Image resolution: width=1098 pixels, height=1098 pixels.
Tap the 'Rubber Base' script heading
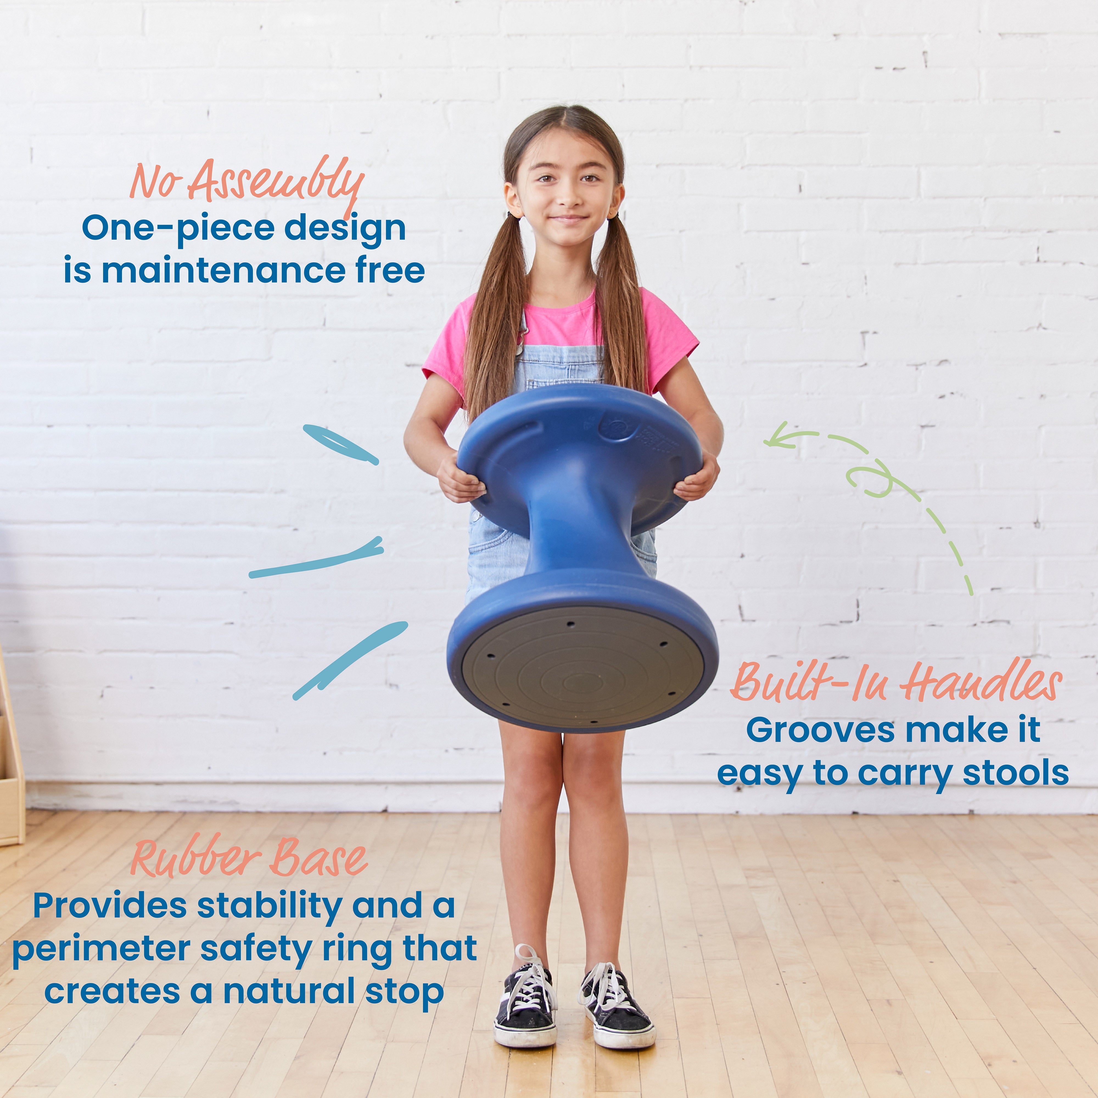click(249, 858)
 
